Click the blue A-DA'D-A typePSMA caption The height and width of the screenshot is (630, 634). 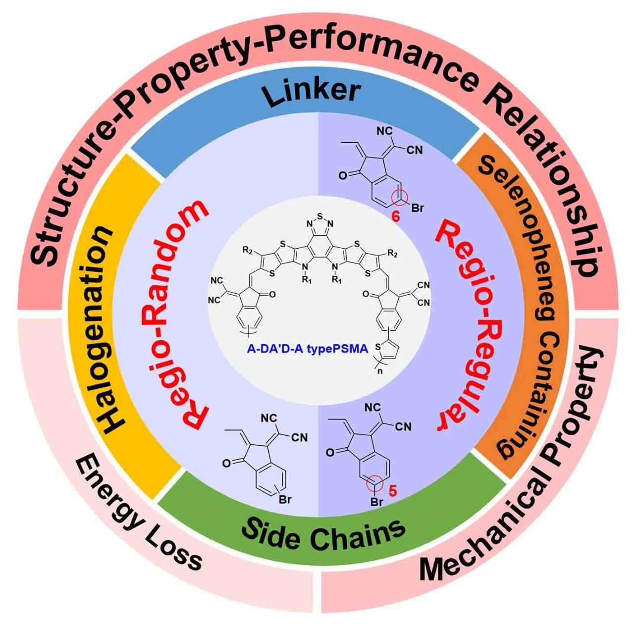tap(308, 349)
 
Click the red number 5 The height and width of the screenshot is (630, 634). tap(392, 491)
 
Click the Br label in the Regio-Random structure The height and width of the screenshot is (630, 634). tap(285, 500)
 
